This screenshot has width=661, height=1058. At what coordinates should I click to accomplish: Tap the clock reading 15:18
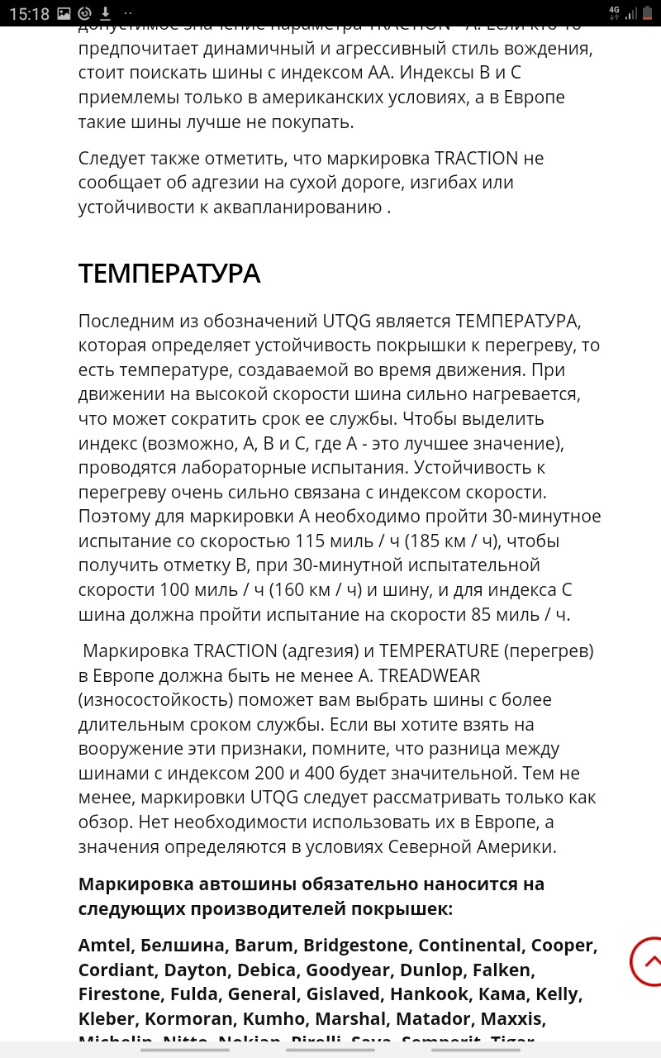click(x=29, y=13)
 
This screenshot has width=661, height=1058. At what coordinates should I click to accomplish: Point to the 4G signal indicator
click(x=613, y=12)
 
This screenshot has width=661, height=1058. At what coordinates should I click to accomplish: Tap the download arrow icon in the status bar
click(x=106, y=13)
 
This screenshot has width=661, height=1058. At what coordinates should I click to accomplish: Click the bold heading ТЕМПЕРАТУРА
click(x=169, y=273)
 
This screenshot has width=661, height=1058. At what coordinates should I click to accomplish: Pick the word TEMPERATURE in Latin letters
click(x=440, y=651)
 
